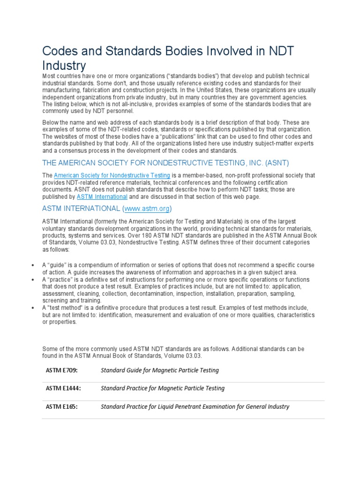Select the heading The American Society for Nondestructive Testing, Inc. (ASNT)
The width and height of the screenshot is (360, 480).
pyautogui.click(x=165, y=163)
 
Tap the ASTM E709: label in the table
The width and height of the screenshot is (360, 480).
pyautogui.click(x=61, y=370)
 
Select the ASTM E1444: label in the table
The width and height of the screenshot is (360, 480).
pyautogui.click(x=63, y=388)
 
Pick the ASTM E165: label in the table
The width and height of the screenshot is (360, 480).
pyautogui.click(x=61, y=406)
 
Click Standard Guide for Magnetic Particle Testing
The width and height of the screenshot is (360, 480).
pyautogui.click(x=160, y=370)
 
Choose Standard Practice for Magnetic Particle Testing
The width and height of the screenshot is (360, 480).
pyautogui.click(x=163, y=388)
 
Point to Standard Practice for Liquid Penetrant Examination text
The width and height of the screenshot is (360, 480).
pyautogui.click(x=195, y=406)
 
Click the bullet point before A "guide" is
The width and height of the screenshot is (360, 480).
pyautogui.click(x=32, y=265)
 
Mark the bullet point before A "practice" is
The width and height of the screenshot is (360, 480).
pyautogui.click(x=32, y=279)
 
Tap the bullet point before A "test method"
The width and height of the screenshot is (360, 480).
pyautogui.click(x=32, y=307)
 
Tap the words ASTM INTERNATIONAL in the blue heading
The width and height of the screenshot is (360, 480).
pyautogui.click(x=81, y=208)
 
